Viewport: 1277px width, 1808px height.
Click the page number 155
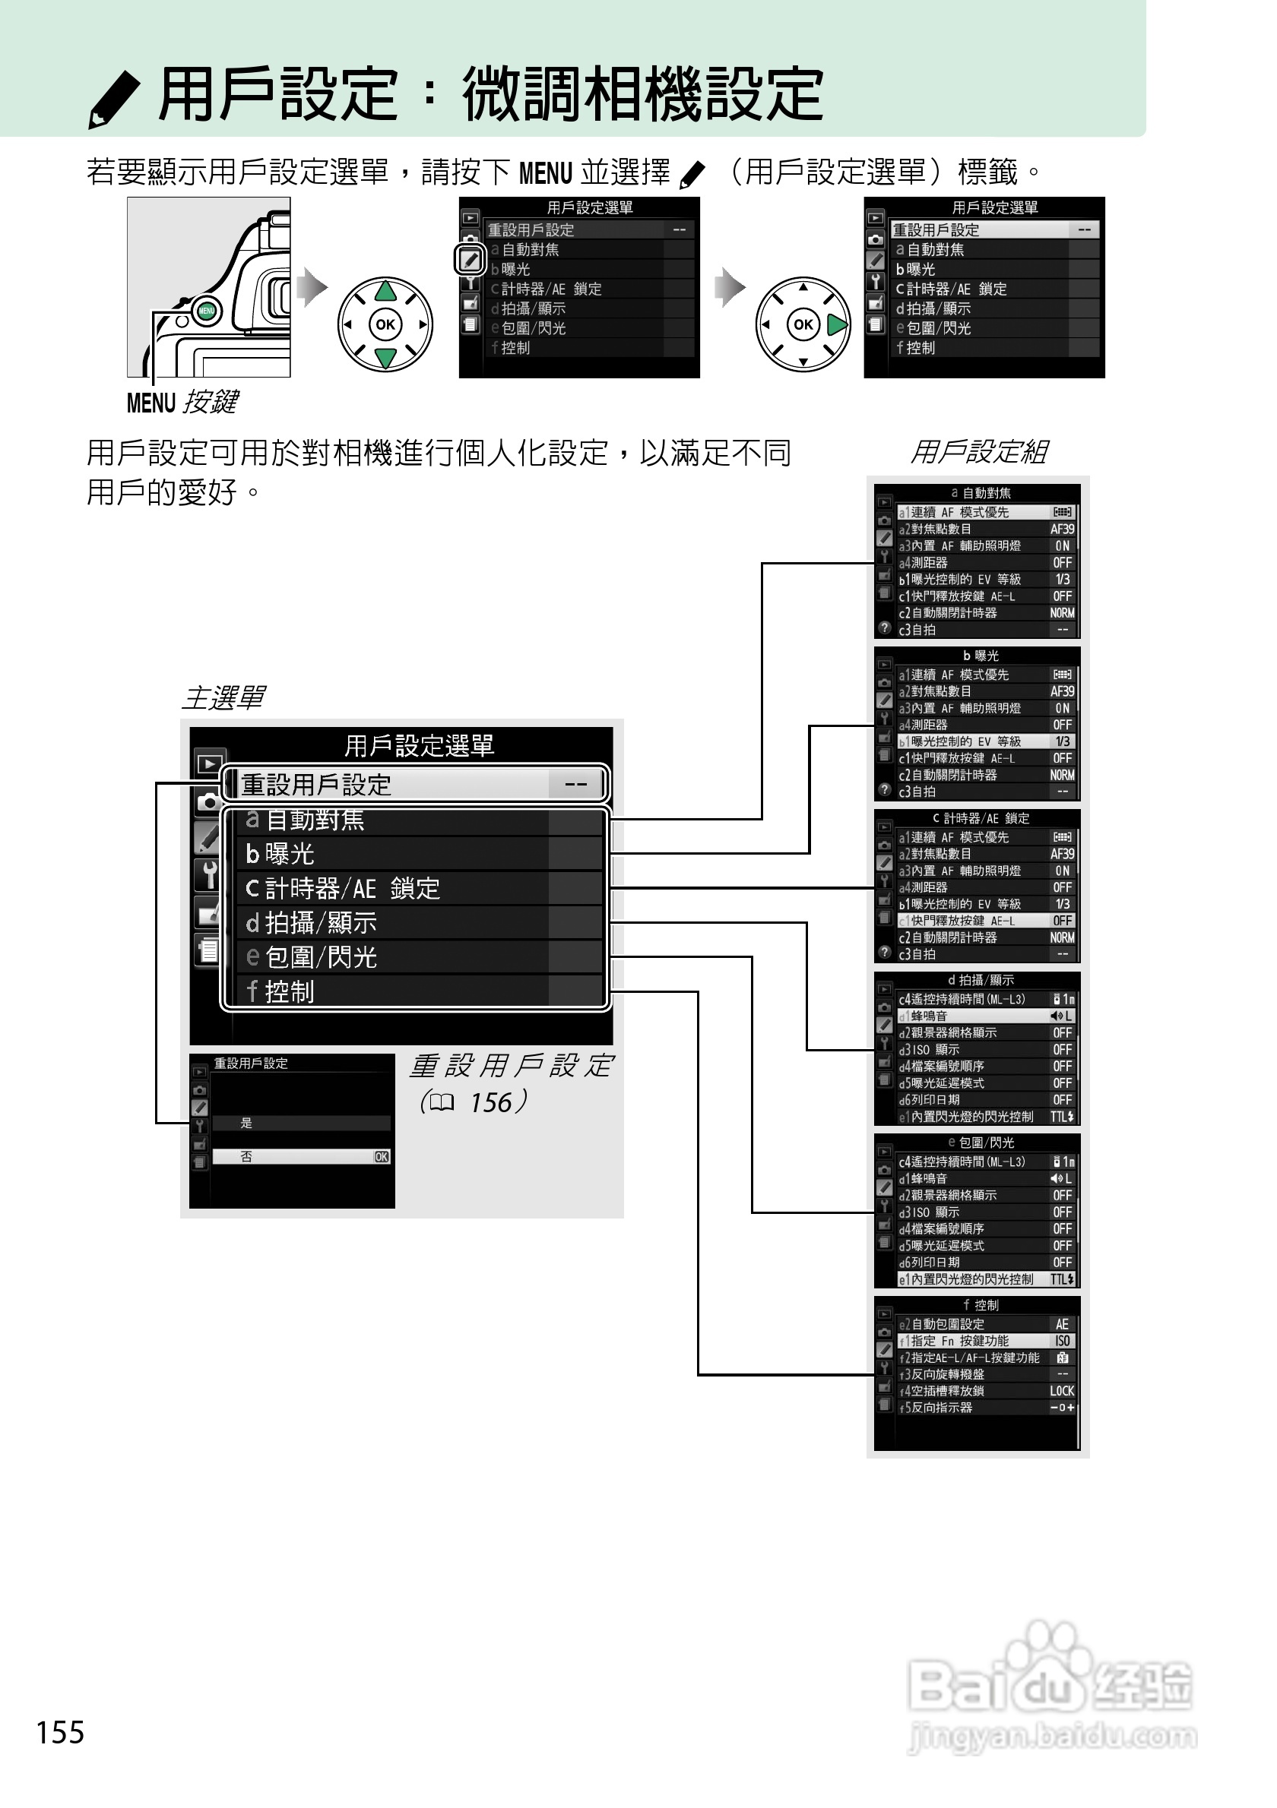click(60, 1731)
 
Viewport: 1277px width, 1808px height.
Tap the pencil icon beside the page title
click(114, 99)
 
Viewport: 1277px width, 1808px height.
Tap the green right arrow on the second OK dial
click(837, 324)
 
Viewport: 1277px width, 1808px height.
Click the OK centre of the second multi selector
click(803, 324)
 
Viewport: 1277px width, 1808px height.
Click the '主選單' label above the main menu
click(223, 697)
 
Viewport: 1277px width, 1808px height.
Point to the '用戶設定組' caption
click(978, 452)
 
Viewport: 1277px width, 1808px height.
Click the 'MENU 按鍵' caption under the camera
click(182, 403)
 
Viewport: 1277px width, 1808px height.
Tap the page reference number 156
click(491, 1102)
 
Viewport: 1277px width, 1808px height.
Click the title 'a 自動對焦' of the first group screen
click(980, 493)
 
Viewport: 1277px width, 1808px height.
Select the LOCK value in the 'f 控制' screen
click(1061, 1392)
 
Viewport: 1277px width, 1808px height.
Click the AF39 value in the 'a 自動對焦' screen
click(1061, 529)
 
